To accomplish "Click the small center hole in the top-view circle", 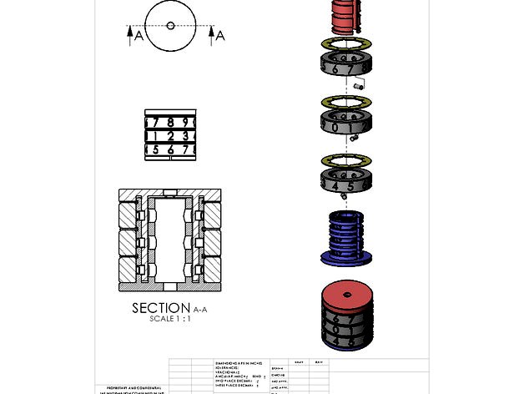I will coord(170,26).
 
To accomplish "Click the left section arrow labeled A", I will coord(130,33).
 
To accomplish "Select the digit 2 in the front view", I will coord(170,135).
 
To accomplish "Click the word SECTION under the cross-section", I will coord(161,308).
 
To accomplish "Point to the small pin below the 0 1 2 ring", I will coord(354,138).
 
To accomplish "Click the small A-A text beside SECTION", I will coord(203,309).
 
